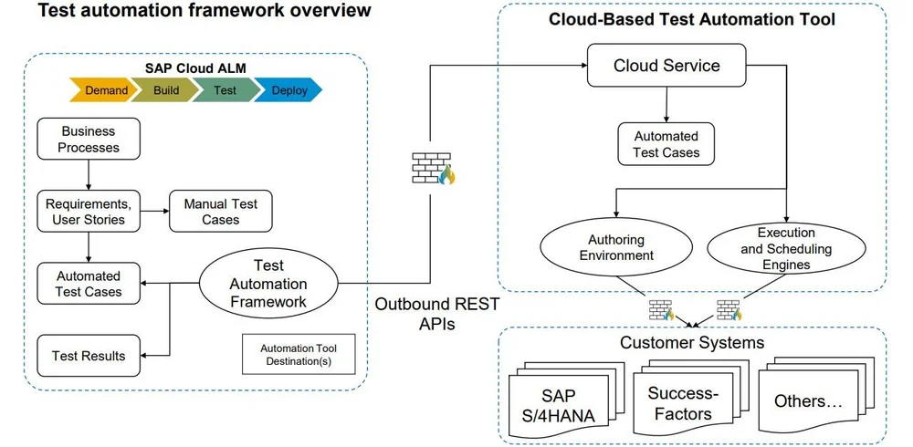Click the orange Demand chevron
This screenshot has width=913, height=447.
pos(102,90)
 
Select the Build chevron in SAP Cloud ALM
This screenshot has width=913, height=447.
pos(166,90)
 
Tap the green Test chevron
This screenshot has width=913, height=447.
pos(225,90)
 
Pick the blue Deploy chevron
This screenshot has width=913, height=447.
pos(289,90)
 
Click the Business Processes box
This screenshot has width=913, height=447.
pos(89,139)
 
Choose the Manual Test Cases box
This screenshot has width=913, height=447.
pos(220,212)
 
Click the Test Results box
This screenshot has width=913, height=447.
pos(88,355)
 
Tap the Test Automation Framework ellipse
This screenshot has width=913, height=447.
pos(268,283)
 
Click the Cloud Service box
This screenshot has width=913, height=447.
pos(666,66)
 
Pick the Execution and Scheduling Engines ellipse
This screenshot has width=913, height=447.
pos(786,248)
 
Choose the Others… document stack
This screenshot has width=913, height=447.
pos(809,401)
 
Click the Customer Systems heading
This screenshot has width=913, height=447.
pos(692,343)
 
